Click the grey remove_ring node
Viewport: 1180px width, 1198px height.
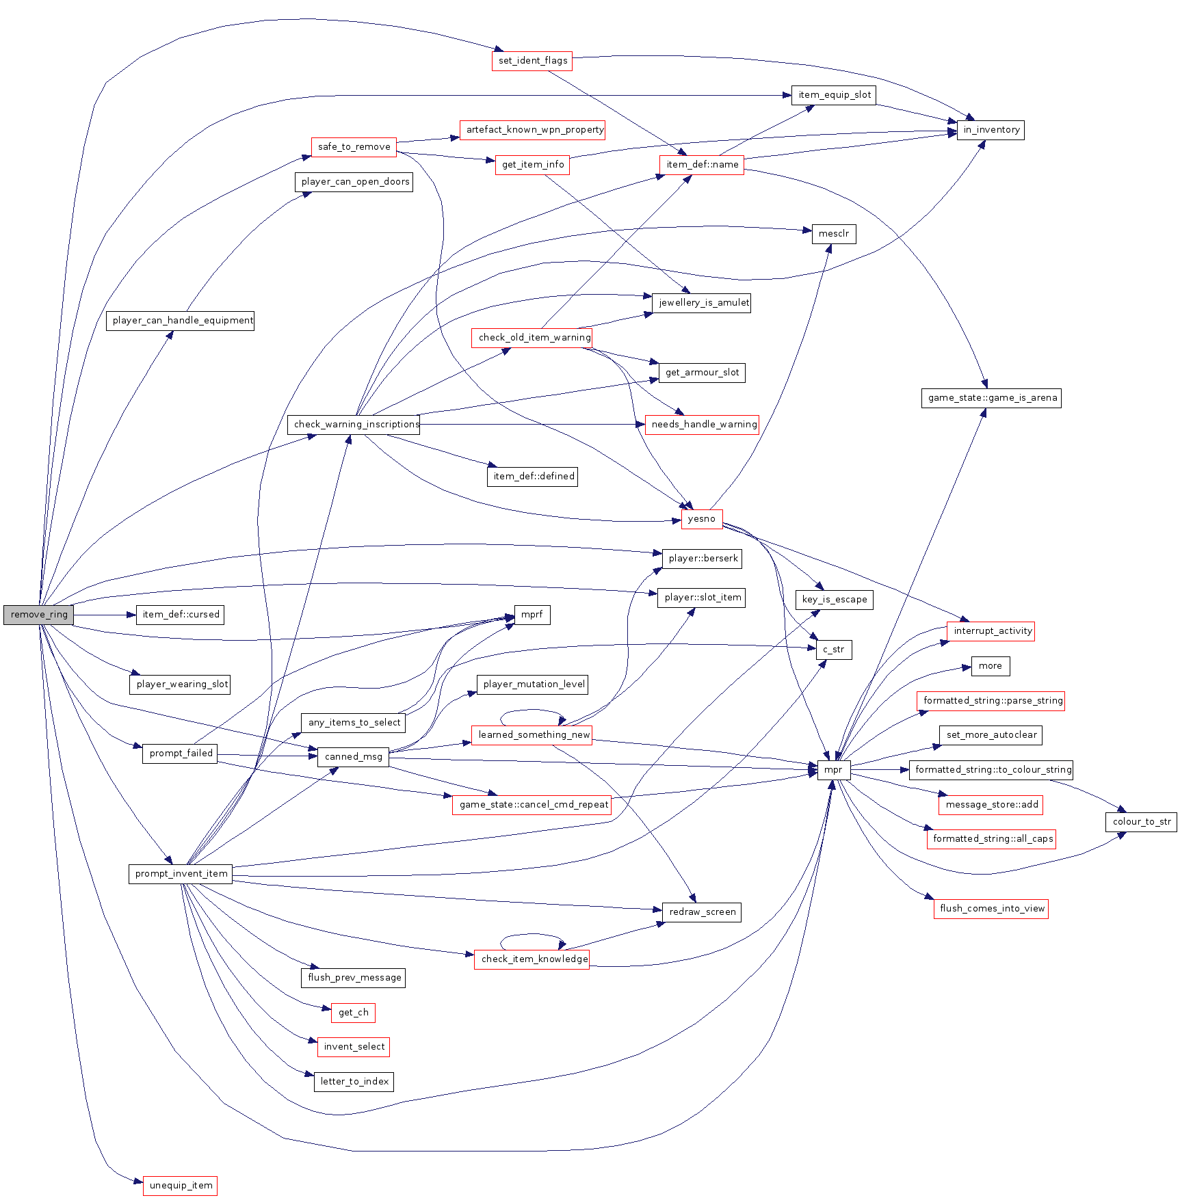pos(39,615)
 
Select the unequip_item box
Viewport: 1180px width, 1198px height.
pos(180,1185)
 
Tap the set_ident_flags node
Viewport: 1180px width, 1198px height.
pos(532,61)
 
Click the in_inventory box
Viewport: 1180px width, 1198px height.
pos(991,130)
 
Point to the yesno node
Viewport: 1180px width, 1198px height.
pos(701,519)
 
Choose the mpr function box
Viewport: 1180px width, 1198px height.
pos(833,770)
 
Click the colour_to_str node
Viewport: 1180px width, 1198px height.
pos(1141,822)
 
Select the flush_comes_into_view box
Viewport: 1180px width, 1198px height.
pos(991,909)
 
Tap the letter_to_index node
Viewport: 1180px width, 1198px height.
pos(354,1082)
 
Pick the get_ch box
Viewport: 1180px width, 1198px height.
pos(353,1013)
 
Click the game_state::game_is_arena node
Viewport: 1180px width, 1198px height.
pos(991,398)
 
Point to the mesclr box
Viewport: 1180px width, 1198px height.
pos(833,234)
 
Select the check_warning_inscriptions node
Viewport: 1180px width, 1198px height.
pos(354,425)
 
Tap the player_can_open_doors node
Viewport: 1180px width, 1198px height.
pos(354,182)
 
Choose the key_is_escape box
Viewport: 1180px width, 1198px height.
pos(834,600)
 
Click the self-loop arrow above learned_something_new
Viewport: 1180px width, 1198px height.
pos(532,713)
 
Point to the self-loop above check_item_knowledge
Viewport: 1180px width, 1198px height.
pos(532,936)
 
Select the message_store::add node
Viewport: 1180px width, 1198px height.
pos(991,805)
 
